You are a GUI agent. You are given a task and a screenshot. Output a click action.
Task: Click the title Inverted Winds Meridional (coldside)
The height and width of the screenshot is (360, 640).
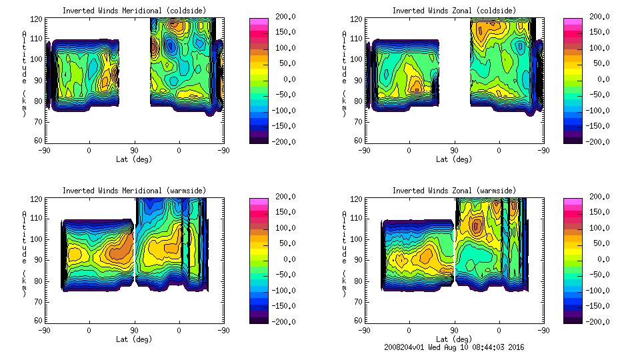coord(134,11)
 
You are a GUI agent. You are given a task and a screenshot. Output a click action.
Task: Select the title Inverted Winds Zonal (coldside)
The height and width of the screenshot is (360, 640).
coord(454,11)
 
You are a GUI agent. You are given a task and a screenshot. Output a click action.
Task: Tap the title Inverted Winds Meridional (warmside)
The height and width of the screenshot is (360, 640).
coord(134,191)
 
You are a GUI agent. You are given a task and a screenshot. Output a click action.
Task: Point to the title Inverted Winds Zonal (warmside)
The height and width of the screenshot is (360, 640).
coord(454,191)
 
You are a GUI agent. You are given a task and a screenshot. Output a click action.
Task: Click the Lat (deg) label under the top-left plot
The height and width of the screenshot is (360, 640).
coord(134,159)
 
